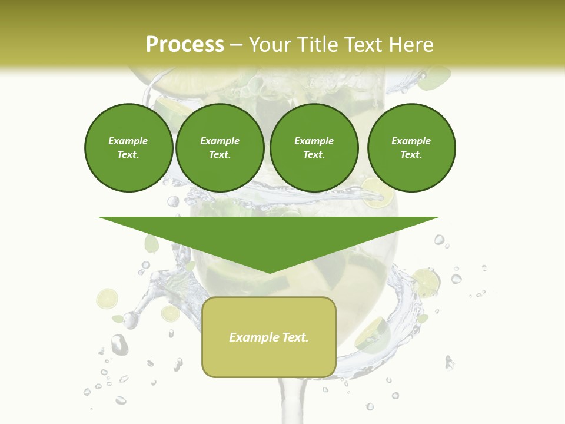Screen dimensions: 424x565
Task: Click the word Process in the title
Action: [x=185, y=45]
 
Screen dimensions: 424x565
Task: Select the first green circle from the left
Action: [x=128, y=147]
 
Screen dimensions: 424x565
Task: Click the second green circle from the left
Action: [x=220, y=147]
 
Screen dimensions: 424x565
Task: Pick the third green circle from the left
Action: [x=314, y=147]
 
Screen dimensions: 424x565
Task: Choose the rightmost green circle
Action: [x=411, y=147]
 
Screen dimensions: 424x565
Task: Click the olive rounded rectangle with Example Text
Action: [x=268, y=337]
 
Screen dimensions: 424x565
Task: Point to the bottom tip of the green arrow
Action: [x=269, y=273]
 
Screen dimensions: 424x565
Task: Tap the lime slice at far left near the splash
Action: [x=107, y=299]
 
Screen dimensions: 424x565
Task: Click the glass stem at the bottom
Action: [x=288, y=400]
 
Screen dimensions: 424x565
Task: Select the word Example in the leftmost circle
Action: [x=128, y=141]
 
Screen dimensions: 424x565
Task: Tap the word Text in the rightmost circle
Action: [x=411, y=154]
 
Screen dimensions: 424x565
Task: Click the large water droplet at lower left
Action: [x=119, y=344]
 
